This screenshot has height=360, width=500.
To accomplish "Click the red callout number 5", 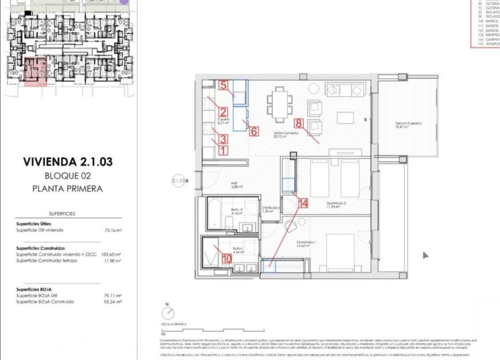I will coord(224,84).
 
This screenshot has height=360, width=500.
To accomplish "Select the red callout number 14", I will coord(304,203).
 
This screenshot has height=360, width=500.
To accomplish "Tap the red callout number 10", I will coord(226,259).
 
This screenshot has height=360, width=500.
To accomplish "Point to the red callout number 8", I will coord(299,122).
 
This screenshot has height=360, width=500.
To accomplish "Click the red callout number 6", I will coord(253,131).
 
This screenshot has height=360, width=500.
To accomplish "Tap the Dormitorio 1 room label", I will coord(306,243).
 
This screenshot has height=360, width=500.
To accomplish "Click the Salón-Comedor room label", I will coord(286,134).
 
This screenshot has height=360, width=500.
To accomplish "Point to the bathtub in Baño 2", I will coord(216,214).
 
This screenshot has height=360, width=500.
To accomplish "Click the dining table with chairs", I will coord(280,105).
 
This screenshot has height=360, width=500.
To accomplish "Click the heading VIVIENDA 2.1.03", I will coord(68,162).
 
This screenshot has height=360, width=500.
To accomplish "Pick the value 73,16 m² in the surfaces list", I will coord(112,230).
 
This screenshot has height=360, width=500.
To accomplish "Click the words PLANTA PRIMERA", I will coord(68,188).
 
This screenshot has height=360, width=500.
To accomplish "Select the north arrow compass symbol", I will coord(168,313).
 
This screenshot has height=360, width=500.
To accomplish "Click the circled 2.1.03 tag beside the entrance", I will coord(179,181).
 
